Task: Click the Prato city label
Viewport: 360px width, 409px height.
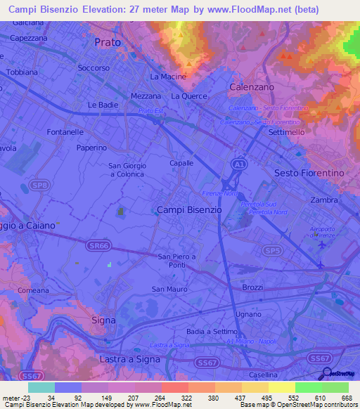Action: pos(108,42)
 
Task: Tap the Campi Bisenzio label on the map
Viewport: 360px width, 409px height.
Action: pos(189,209)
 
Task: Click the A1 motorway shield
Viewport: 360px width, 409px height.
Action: pos(240,163)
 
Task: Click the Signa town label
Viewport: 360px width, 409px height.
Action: pos(103,320)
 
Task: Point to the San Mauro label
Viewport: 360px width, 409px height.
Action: pos(167,289)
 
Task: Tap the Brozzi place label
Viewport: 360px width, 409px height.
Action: pos(252,287)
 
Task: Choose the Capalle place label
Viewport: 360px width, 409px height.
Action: pos(181,162)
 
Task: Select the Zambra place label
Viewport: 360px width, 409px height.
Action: pos(323,200)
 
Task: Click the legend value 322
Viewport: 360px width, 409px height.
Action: pos(186,398)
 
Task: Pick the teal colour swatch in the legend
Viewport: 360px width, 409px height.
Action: pos(41,387)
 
